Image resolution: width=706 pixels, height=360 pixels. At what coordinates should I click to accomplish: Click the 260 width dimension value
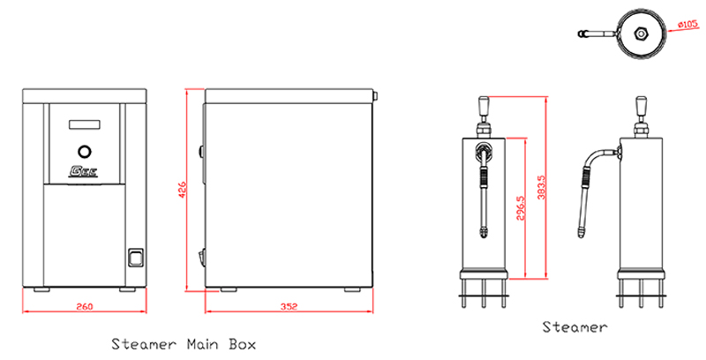tap(85, 307)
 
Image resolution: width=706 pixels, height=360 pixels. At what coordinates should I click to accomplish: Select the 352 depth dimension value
tap(289, 307)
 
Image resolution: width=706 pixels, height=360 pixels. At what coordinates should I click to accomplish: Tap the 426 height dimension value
tap(183, 190)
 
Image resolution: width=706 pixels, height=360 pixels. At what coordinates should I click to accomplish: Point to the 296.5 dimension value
tap(521, 208)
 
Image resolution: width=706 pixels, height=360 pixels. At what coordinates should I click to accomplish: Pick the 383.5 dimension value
tap(542, 187)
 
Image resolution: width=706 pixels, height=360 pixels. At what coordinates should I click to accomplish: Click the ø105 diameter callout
tap(687, 25)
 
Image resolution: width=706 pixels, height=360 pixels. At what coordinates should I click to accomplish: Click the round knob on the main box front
tap(84, 152)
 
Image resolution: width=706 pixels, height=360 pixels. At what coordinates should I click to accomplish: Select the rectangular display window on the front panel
tap(84, 124)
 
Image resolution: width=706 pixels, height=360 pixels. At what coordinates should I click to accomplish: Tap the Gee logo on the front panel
tap(83, 171)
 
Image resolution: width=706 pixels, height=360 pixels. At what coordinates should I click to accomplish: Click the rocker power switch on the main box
tap(136, 258)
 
